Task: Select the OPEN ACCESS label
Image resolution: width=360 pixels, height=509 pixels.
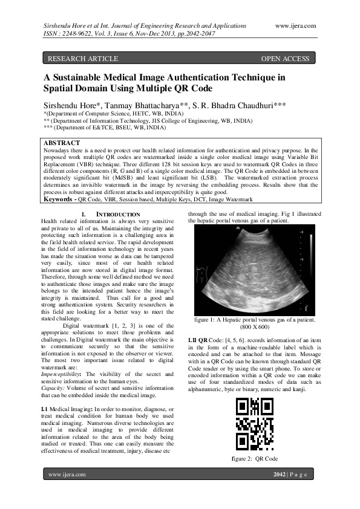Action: (x=285, y=59)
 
